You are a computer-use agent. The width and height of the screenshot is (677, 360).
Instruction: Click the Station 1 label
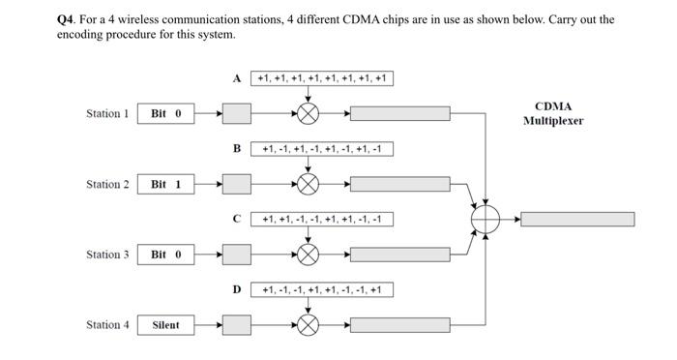click(x=107, y=114)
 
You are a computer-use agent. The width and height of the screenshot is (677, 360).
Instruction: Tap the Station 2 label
click(x=107, y=184)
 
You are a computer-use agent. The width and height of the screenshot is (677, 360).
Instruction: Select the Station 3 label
click(x=107, y=255)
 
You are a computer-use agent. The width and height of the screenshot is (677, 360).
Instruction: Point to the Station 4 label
click(x=107, y=325)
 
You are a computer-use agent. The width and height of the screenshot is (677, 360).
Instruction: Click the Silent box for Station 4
click(x=165, y=325)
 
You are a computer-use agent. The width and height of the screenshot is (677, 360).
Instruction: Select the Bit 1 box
click(x=165, y=184)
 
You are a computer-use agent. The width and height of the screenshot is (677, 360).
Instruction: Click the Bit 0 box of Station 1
click(x=165, y=114)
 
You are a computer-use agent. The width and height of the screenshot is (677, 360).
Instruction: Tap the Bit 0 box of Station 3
click(x=165, y=255)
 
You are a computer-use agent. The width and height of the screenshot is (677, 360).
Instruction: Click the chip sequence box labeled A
click(x=322, y=78)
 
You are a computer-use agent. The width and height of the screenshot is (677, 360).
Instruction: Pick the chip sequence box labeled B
click(x=322, y=149)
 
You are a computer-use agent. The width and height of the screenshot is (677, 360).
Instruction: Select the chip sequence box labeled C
click(x=322, y=219)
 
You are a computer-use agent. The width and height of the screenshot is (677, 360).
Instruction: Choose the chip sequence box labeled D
click(x=322, y=289)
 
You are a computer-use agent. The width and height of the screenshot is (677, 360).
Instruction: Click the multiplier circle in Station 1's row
click(x=308, y=114)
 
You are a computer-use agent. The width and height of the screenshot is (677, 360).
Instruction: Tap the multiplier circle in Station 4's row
click(x=308, y=325)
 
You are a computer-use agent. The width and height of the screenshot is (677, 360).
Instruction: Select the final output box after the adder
click(x=578, y=220)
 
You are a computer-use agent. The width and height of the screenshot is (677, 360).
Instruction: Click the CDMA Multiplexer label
click(x=553, y=113)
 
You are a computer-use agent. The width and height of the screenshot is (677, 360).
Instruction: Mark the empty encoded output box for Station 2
click(x=399, y=184)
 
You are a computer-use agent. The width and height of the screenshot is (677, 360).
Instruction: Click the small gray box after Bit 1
click(x=237, y=184)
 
